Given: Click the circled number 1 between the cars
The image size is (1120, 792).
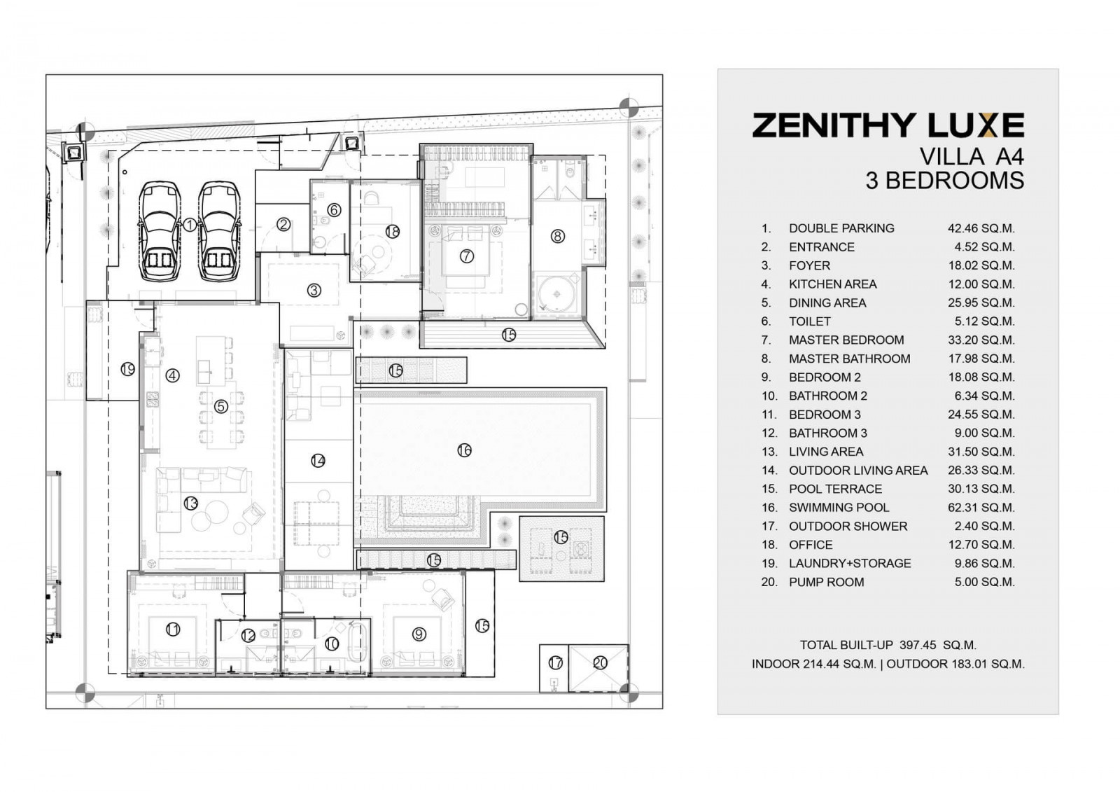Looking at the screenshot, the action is coord(190,225).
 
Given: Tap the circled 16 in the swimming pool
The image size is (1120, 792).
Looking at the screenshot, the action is coord(465,451).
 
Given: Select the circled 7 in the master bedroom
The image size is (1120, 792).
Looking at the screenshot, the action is coord(466,256).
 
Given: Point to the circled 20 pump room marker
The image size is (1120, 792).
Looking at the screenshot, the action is coord(600,663).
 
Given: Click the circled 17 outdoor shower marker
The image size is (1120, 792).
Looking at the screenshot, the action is coord(556,663).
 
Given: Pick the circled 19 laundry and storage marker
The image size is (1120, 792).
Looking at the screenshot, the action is coord(128,370).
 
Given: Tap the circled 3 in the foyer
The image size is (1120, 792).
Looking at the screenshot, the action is coord(314,290).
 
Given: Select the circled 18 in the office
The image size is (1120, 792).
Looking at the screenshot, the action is coord(393,232).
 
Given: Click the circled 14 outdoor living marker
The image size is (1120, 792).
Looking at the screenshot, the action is coord(318,461).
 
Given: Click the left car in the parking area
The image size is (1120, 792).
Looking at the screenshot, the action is coord(160,230).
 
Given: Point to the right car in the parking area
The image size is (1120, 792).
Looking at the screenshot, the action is coord(219,230).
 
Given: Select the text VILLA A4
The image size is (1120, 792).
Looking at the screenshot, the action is coord(972,157).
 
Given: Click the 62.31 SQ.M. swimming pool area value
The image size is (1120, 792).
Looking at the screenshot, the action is coord(981,508).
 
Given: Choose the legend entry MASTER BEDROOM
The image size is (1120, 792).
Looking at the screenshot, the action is coord(846,340).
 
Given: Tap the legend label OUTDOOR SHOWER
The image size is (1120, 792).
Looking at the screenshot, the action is coord(848,527).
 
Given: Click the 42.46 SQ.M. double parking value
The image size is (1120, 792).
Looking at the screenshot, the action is coord(981,229).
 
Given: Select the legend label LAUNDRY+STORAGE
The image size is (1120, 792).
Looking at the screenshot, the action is coord(850,564).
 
